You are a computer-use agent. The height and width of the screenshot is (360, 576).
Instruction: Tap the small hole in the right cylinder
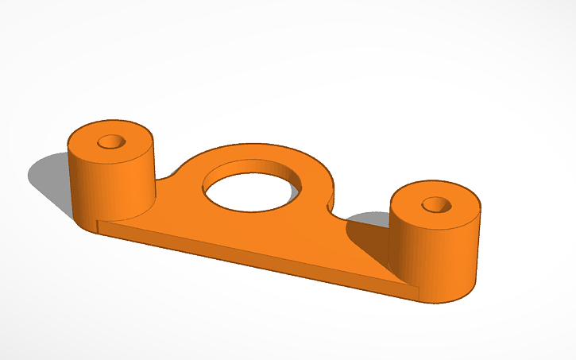pos(435,204)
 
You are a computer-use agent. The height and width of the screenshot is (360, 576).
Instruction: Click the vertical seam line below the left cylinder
pos(97,227)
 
